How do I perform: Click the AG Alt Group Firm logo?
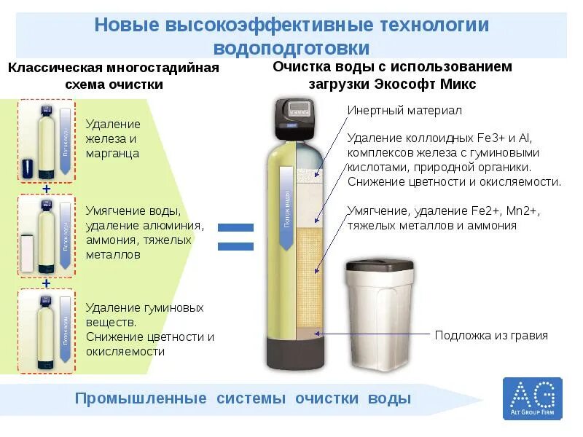[533, 398]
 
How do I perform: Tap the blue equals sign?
[235, 237]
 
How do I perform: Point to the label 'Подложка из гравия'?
[491, 336]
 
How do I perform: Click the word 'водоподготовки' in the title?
[291, 48]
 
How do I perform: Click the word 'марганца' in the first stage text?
[112, 154]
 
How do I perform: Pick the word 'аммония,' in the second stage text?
[110, 240]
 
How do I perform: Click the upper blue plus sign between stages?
[47, 189]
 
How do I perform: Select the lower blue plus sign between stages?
[47, 283]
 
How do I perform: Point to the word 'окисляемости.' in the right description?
[524, 181]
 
